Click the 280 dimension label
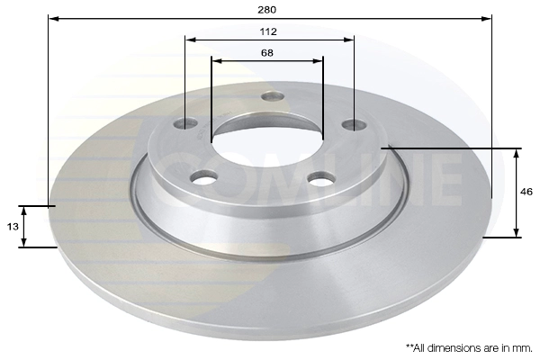tap(267, 10)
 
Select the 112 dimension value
tap(268, 31)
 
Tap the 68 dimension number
tap(267, 53)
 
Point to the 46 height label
tap(526, 192)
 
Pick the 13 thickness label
tap(13, 227)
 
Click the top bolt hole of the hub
tap(273, 96)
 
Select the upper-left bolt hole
tap(185, 123)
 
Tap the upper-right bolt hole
tap(354, 125)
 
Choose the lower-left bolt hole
tap(204, 178)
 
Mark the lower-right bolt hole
tap(321, 179)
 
